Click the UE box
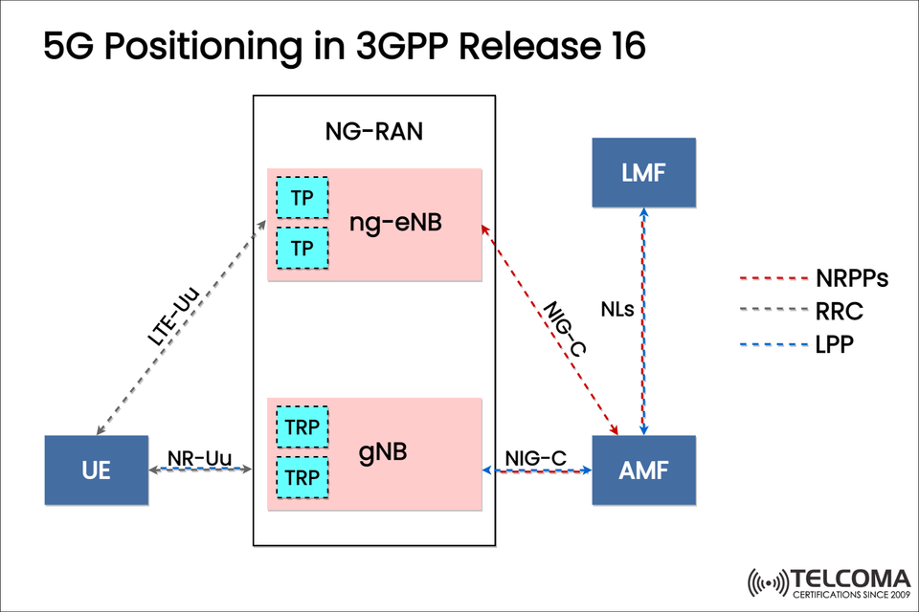97,470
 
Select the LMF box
643,172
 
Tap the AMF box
643,470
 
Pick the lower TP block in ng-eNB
303,248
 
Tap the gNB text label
383,450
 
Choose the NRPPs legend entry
852,279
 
